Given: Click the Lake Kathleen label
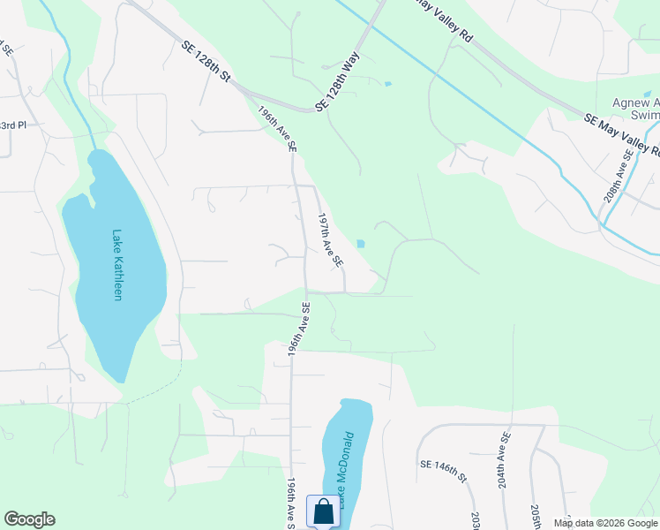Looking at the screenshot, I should (x=116, y=265).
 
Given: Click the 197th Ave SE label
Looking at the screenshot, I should (x=330, y=240).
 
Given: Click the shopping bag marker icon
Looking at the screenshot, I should (x=323, y=511).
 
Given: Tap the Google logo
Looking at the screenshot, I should (x=29, y=519).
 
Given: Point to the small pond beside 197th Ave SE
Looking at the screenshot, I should (x=360, y=244).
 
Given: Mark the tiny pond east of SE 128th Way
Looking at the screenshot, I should (x=387, y=85).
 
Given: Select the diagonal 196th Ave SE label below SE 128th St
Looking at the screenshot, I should (x=277, y=129).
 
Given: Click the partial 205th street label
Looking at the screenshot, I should (x=536, y=517).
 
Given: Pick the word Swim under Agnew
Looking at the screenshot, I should (x=646, y=116).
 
